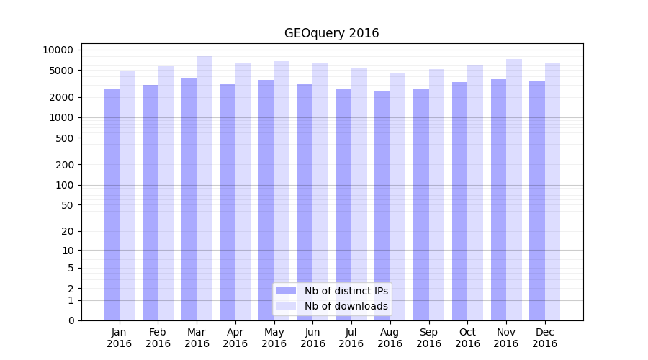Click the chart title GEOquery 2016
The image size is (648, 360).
tap(331, 33)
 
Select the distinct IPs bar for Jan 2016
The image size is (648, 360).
tap(112, 205)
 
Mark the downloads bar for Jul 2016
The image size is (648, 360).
tap(359, 194)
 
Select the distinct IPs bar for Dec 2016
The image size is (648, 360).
tap(537, 201)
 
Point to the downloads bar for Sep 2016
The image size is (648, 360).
tap(436, 195)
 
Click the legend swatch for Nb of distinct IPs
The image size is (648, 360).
tap(286, 291)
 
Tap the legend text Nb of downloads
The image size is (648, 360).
tap(346, 306)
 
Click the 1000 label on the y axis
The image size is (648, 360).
tap(61, 117)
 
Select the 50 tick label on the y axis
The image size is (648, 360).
tap(66, 205)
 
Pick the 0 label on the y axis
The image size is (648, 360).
tap(71, 320)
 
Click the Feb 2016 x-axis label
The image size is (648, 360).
tap(158, 338)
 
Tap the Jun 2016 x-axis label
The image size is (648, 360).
tap(312, 338)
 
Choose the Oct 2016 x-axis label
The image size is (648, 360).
tap(467, 338)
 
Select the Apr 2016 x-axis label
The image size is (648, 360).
tap(235, 338)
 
